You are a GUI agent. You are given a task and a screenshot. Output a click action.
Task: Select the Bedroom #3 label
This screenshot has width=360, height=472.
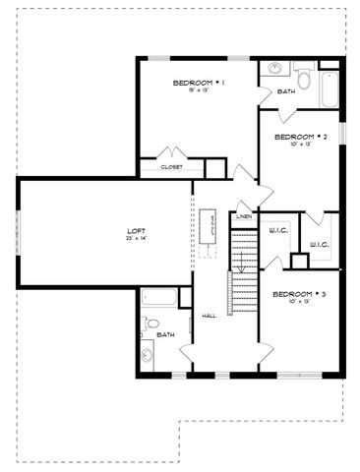click(x=299, y=294)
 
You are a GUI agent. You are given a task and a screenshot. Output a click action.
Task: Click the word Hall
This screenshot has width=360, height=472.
click(x=209, y=316)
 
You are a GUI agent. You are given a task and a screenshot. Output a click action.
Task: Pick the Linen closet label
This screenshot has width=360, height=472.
click(x=244, y=215)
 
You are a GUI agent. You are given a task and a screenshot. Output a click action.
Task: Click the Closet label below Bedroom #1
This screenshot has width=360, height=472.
click(x=171, y=167)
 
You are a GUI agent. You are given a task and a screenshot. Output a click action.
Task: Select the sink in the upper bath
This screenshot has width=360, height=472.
click(x=274, y=70)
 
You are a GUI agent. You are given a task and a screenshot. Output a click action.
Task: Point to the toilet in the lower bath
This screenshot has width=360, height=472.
click(x=150, y=324)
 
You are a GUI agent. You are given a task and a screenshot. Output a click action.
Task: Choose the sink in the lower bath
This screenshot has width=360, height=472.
click(x=149, y=353)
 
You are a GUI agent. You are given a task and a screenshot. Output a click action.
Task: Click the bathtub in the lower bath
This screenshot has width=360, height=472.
click(x=158, y=297)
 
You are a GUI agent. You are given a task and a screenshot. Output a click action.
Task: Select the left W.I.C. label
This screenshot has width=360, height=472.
click(x=275, y=232)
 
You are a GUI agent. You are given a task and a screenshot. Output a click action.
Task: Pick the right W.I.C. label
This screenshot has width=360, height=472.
click(x=318, y=244)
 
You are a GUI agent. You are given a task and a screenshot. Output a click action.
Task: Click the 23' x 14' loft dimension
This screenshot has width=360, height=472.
click(x=136, y=238)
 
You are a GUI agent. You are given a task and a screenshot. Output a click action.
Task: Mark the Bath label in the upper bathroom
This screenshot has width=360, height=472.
click(x=286, y=91)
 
